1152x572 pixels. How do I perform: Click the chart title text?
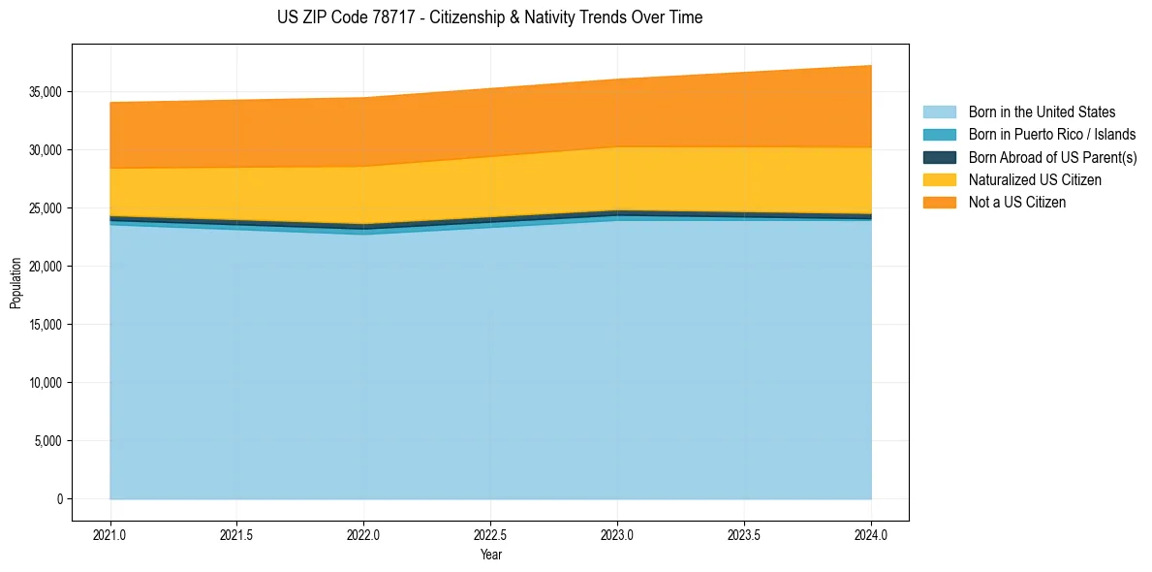(489, 17)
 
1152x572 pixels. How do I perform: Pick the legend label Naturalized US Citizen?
(1035, 180)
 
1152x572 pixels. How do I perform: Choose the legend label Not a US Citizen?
(1016, 203)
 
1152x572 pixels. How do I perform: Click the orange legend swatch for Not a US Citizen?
(939, 203)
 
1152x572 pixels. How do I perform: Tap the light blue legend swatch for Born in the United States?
(939, 112)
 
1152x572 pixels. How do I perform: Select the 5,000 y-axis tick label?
(47, 441)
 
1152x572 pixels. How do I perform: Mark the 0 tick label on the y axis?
(59, 499)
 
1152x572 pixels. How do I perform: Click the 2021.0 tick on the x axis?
(110, 534)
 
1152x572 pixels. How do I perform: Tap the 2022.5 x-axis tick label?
(490, 534)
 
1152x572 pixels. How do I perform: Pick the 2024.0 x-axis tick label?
(871, 534)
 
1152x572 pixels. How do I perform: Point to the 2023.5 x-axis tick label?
(744, 534)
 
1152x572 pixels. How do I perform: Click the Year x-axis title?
(490, 555)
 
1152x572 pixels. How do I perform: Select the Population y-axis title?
(16, 283)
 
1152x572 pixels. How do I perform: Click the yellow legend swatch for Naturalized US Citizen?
(939, 180)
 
